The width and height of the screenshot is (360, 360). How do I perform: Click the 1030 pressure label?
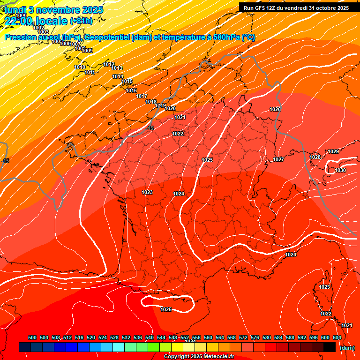click(x=340, y=170)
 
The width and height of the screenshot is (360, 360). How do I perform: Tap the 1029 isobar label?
click(x=333, y=151)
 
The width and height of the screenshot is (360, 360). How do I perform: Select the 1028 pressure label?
click(x=315, y=157)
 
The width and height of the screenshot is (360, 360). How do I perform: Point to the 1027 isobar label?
click(x=278, y=159)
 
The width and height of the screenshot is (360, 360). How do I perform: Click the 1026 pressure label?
click(x=275, y=109)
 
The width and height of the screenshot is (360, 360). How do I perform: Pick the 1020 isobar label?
click(x=170, y=108)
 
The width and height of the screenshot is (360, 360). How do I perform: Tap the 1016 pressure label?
click(x=131, y=90)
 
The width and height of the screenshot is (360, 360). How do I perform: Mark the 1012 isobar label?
click(x=109, y=64)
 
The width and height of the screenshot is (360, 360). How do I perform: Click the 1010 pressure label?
click(x=80, y=67)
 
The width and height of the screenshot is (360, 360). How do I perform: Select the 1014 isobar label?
click(x=118, y=76)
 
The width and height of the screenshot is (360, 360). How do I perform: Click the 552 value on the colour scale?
click(x=185, y=337)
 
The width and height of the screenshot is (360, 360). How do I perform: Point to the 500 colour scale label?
click(x=32, y=337)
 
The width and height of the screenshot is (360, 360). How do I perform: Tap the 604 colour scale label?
click(x=337, y=337)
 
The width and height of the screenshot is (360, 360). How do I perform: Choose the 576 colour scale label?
click(x=255, y=337)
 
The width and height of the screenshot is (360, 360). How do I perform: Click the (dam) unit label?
click(x=347, y=348)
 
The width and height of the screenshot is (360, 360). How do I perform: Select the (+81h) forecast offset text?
click(x=81, y=21)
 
